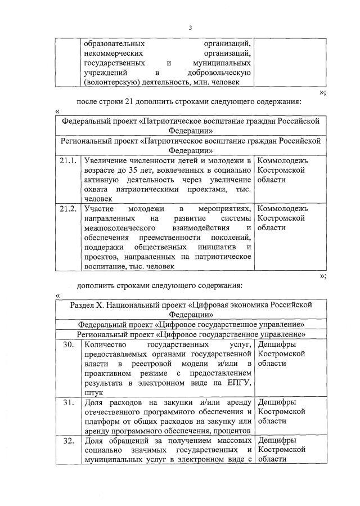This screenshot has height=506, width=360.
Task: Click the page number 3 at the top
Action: [x=190, y=28]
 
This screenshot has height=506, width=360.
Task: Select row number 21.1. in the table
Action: [x=68, y=162]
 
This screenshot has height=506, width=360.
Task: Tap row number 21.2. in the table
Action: [x=68, y=209]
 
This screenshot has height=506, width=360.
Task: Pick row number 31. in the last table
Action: [x=68, y=402]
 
